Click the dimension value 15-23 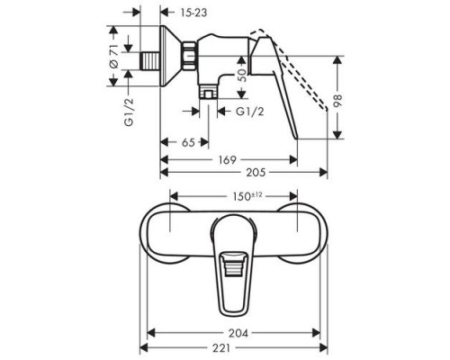[x=188, y=13]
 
